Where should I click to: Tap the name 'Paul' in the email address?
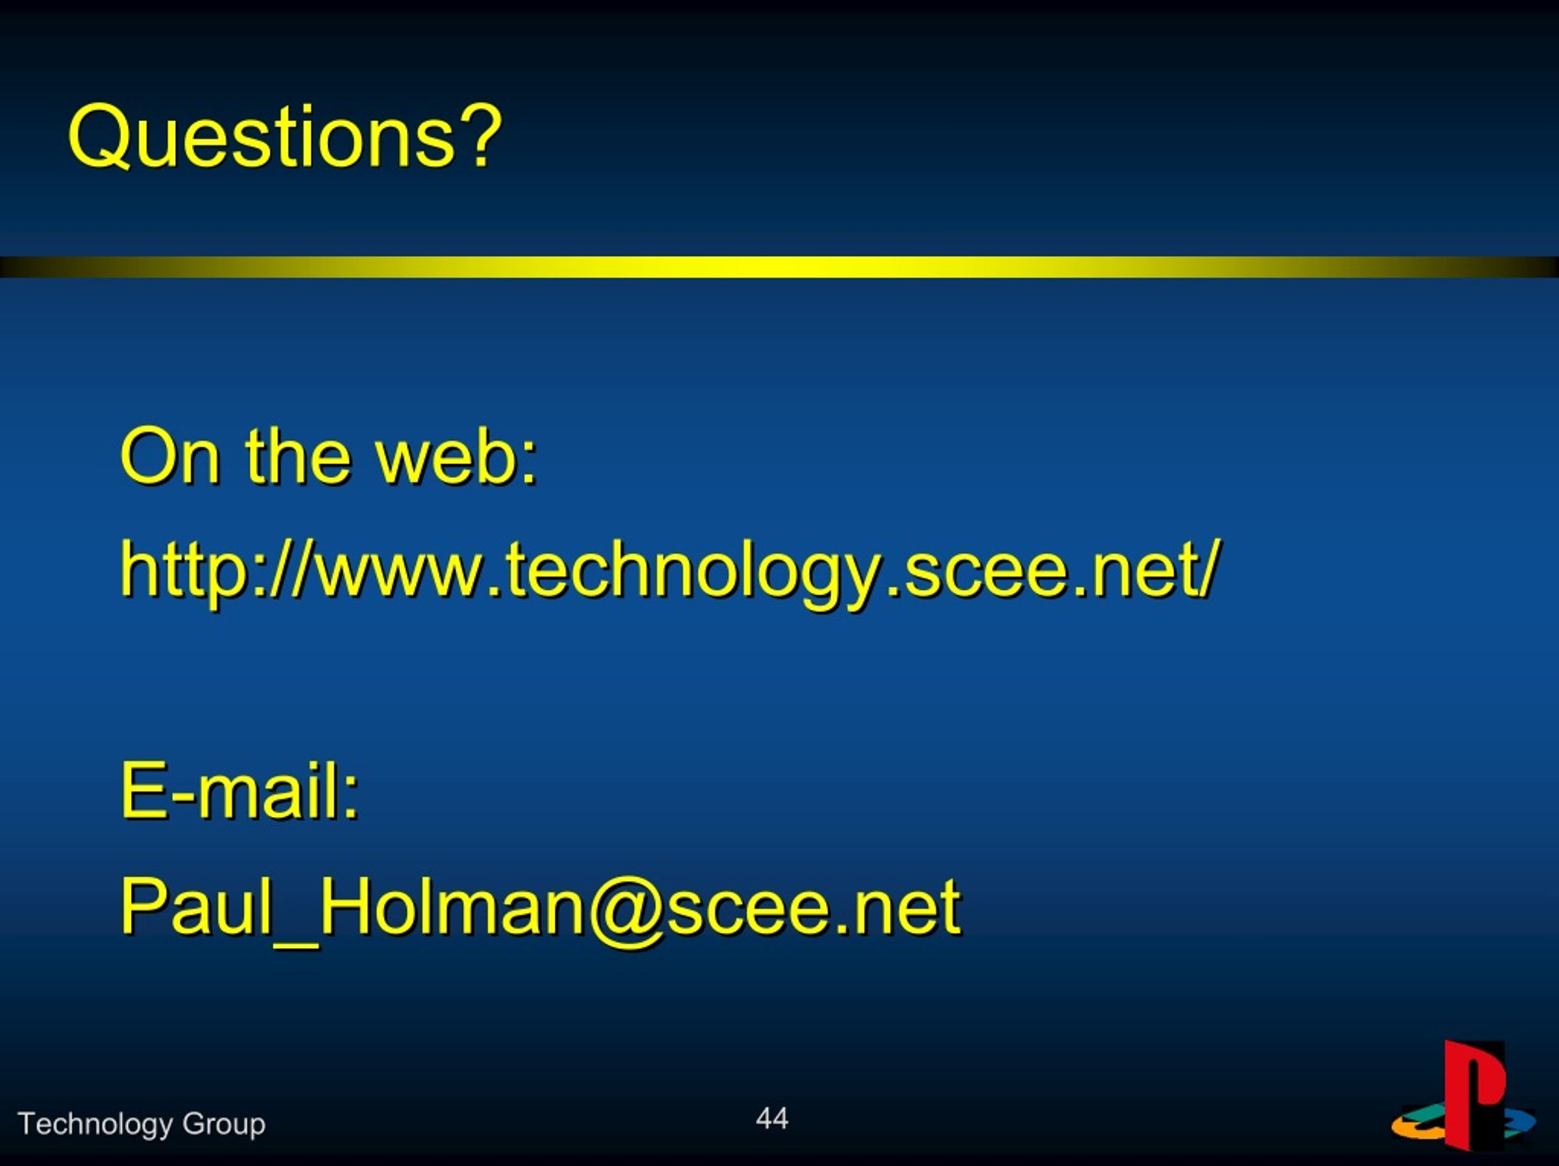(195, 906)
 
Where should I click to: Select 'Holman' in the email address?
(452, 906)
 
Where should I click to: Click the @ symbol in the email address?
(624, 911)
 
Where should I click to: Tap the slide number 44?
(772, 1118)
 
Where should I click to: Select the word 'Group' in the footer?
(223, 1125)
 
